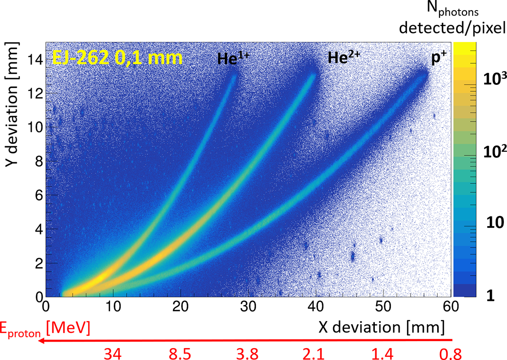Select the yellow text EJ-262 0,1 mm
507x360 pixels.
(117, 58)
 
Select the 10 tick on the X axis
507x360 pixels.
(113, 305)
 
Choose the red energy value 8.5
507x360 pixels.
(180, 354)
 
